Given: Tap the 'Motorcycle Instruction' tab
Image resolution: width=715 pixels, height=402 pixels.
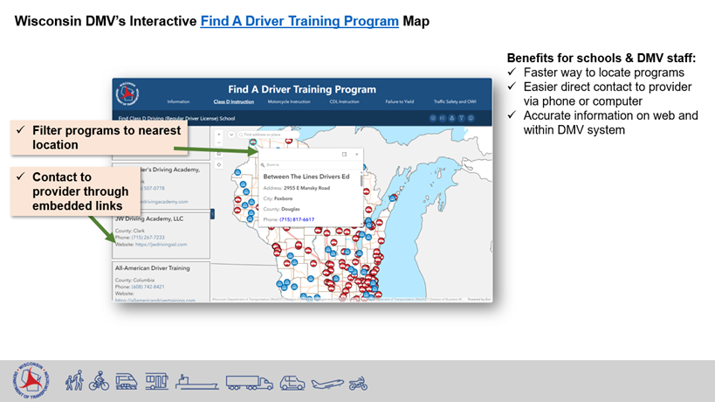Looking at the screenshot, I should [x=288, y=102].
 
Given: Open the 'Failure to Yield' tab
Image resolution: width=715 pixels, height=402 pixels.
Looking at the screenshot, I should [x=398, y=102].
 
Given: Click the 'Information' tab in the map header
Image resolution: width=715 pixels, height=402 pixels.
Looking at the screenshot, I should [x=178, y=102].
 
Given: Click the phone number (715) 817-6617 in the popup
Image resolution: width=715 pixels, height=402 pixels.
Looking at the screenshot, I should [x=296, y=219].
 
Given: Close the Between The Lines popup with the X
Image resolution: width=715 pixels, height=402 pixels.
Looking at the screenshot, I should [x=356, y=154].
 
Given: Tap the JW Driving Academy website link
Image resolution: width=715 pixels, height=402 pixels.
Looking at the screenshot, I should [x=163, y=245].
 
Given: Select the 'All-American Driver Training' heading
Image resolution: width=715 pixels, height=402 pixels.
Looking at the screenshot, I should [x=153, y=267].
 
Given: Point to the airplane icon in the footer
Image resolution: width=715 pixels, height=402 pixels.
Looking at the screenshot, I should [x=327, y=382].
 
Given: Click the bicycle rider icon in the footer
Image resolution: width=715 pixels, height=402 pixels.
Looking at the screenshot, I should [x=99, y=381].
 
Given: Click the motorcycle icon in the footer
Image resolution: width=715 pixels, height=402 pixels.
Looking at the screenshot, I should [x=358, y=383].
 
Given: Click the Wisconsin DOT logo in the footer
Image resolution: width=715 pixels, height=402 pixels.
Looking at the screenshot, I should [x=31, y=381].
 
